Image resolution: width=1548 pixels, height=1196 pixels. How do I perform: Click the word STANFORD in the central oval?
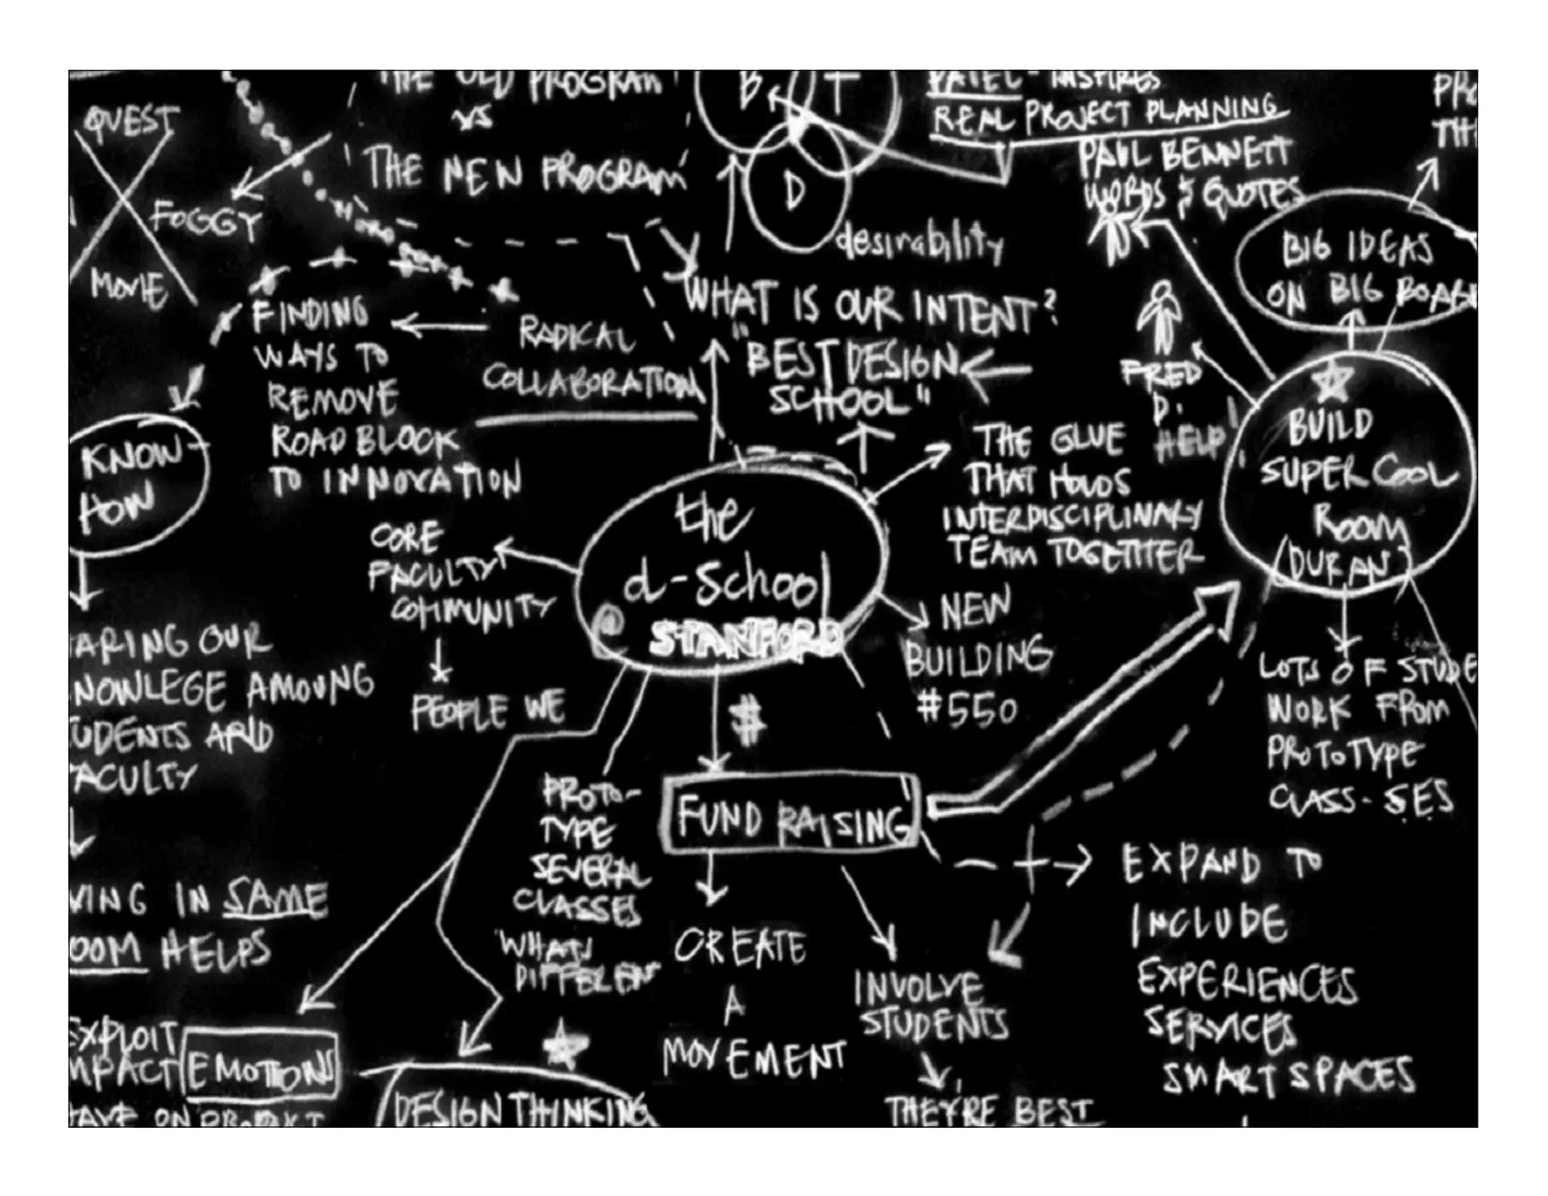tap(745, 640)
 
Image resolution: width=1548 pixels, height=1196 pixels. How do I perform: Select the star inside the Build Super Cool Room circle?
tap(1332, 382)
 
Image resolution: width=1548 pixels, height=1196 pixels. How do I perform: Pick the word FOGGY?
tap(206, 221)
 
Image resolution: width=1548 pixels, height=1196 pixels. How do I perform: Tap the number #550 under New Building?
tap(967, 710)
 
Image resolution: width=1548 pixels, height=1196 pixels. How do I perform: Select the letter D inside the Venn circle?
tap(794, 191)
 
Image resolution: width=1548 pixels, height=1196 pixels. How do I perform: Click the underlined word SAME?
tap(276, 899)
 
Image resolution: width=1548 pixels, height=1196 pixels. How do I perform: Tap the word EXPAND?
tap(1190, 863)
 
